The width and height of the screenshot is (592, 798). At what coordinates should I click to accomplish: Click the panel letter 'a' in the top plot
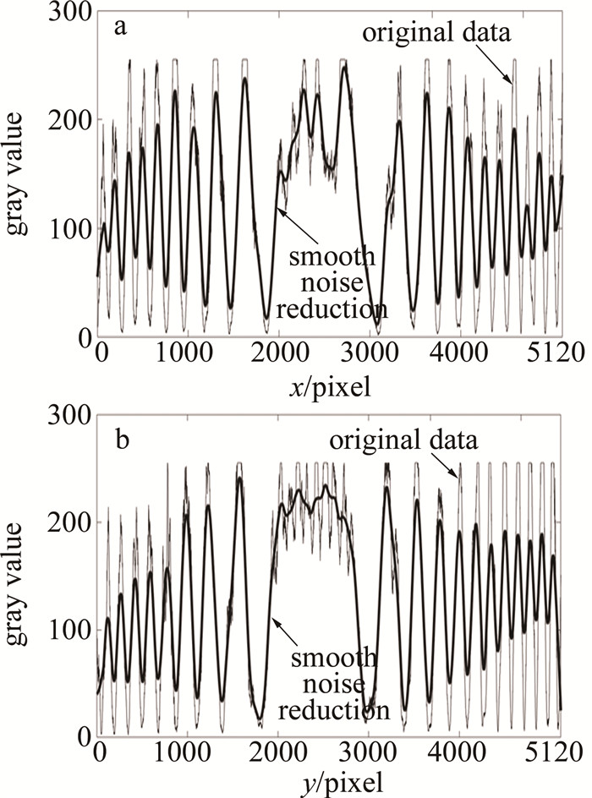click(122, 27)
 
